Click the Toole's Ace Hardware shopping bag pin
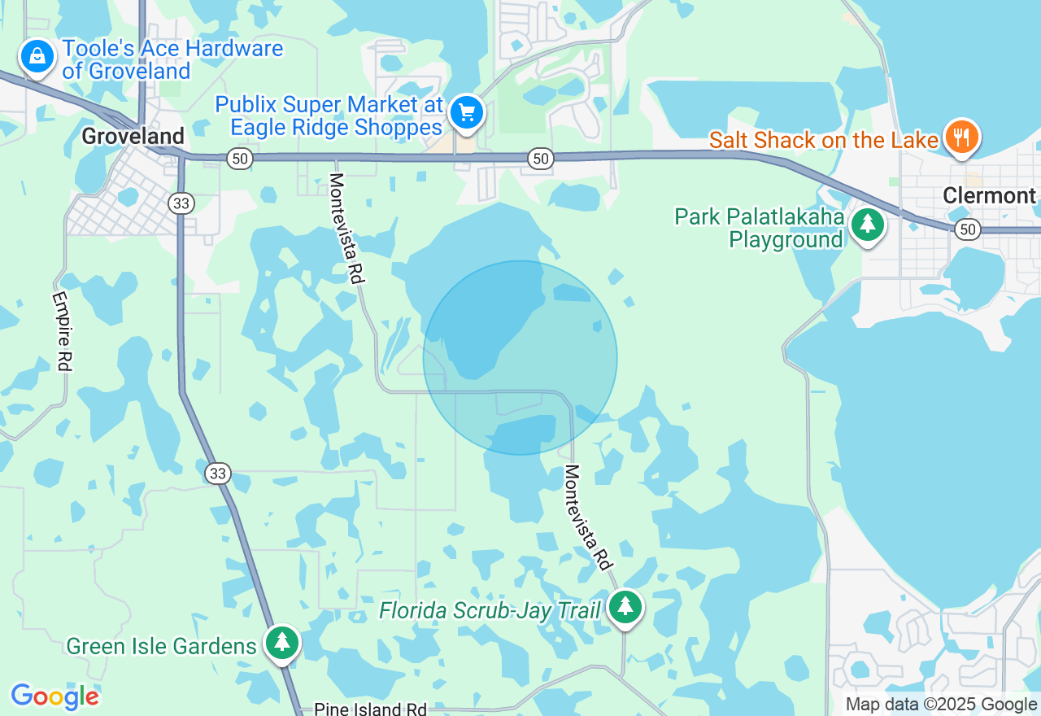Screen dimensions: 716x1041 [37, 57]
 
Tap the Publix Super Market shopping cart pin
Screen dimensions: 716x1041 [466, 111]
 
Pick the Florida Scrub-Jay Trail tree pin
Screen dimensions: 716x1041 [625, 606]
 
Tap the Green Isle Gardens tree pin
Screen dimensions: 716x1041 [282, 642]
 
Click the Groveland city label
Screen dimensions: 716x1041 [133, 136]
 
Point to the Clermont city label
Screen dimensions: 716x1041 [989, 195]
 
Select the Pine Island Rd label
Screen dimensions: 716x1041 [370, 709]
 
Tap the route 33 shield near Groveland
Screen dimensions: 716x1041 [182, 203]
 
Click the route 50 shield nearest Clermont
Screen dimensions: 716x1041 [967, 229]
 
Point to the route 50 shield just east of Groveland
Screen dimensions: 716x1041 [239, 159]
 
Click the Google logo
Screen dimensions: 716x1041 [54, 696]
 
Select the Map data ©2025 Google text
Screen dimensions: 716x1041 [941, 705]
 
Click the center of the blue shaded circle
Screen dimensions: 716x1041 [520, 358]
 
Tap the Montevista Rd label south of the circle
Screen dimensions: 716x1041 [587, 517]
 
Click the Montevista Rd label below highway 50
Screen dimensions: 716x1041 [346, 228]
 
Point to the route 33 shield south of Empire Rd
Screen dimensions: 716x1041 [218, 473]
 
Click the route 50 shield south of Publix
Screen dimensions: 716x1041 [541, 159]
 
